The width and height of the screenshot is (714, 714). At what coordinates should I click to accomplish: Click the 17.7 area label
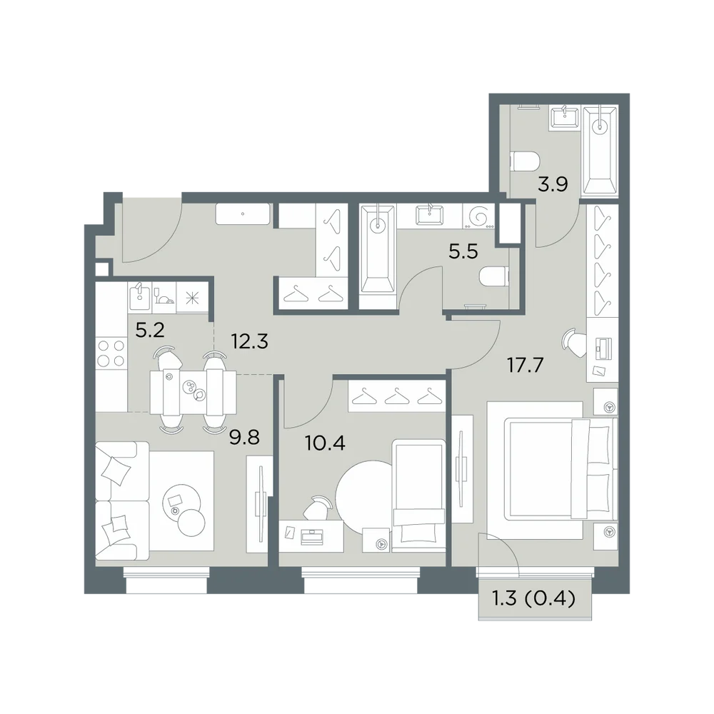[526, 365]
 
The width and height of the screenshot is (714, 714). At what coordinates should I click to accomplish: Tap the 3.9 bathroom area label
[553, 185]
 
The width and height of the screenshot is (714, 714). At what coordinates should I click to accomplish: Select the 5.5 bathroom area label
[463, 251]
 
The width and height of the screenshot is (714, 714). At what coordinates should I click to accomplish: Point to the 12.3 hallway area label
[249, 341]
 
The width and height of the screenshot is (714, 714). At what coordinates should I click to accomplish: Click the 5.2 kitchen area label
[150, 330]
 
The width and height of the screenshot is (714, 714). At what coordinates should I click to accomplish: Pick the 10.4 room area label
[325, 443]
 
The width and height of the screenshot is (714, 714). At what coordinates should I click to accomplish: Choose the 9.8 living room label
[244, 437]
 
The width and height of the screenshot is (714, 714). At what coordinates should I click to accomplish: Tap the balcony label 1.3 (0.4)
[534, 598]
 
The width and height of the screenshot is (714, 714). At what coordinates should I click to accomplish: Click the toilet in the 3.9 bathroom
[525, 161]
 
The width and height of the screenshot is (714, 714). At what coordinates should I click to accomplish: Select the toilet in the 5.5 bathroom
[494, 277]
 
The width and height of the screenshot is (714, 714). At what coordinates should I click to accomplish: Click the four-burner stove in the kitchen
[111, 353]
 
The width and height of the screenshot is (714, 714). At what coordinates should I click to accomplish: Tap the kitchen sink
[139, 297]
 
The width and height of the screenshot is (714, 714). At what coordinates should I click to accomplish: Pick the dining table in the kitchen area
[193, 392]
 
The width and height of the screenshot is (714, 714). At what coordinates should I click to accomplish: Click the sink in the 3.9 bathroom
[565, 118]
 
